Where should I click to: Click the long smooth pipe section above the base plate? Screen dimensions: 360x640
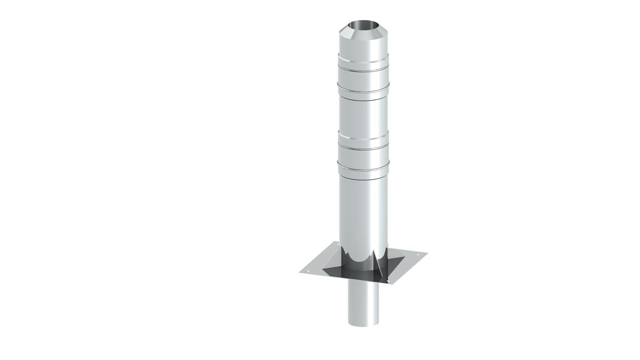[363, 213]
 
